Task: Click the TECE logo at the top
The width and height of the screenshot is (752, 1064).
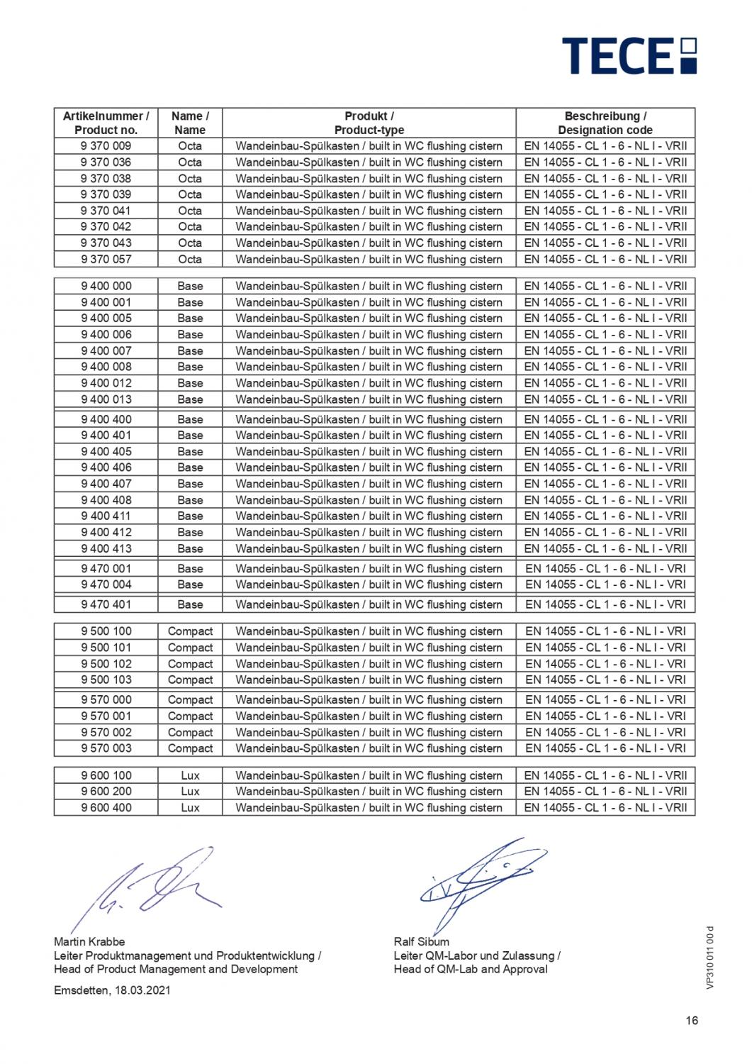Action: click(629, 55)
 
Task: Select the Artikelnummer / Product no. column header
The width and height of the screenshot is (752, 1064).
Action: click(106, 123)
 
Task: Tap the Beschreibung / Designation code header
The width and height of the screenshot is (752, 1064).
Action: click(605, 123)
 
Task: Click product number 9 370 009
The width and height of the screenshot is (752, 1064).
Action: click(106, 146)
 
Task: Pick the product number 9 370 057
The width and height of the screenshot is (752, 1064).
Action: click(106, 260)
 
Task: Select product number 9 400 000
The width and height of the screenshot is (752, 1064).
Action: click(106, 287)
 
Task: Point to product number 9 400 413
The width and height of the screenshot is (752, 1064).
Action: click(106, 549)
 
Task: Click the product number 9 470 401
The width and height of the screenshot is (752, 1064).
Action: click(106, 605)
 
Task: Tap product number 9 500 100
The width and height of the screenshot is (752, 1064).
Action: click(106, 631)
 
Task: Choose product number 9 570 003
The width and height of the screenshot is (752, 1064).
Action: click(106, 748)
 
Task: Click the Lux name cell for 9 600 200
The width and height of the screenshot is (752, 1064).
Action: click(190, 792)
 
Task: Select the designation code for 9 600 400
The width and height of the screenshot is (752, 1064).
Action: click(605, 808)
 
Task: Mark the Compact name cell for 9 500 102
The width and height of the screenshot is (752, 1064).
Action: click(190, 664)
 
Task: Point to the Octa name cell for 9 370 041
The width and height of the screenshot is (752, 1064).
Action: click(190, 211)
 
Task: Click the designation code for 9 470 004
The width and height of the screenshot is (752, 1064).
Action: click(605, 585)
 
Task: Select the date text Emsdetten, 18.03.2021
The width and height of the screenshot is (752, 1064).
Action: click(112, 990)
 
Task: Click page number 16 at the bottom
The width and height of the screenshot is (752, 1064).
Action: click(692, 1021)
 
